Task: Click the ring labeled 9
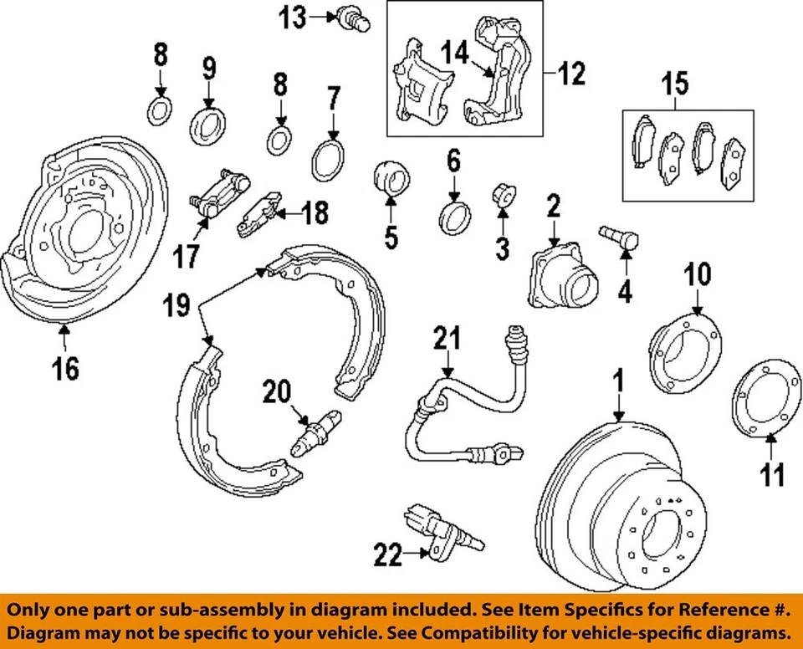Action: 206,122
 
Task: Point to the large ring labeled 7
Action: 329,160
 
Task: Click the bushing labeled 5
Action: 391,177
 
